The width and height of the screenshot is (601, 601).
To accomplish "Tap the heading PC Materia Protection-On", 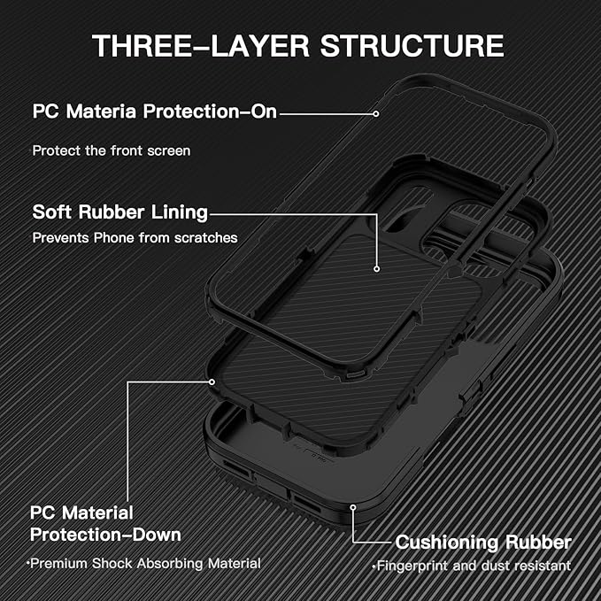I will [x=155, y=113].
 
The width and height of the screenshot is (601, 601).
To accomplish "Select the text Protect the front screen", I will [x=112, y=150].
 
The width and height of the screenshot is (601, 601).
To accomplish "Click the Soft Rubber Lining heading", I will [x=120, y=212].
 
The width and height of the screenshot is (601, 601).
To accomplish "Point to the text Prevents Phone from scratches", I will [x=135, y=238].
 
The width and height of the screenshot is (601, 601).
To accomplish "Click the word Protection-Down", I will [x=106, y=535].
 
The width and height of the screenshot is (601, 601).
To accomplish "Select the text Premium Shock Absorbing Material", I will [x=143, y=564].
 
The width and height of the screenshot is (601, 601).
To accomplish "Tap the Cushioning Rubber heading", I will [x=483, y=542].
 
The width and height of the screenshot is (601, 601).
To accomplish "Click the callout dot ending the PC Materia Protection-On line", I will [x=376, y=113].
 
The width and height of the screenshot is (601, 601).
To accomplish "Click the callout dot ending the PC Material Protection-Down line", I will [x=212, y=382].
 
